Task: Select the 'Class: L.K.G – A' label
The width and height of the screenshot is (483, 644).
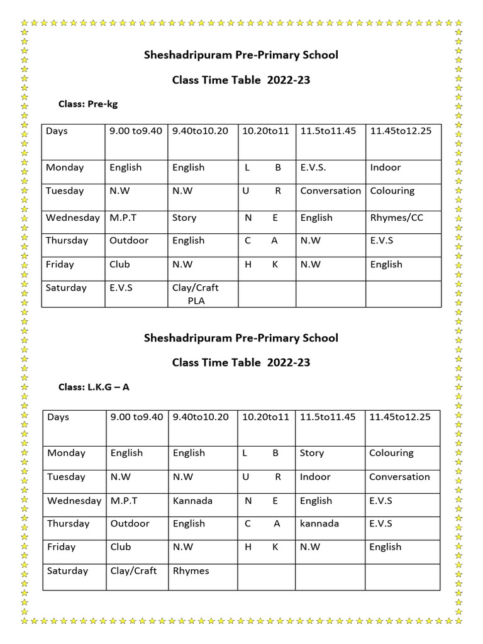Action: pos(94,387)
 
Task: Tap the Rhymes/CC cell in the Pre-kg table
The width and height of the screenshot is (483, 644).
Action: pos(397,218)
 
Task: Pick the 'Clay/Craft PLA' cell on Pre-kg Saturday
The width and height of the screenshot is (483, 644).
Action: pos(196,294)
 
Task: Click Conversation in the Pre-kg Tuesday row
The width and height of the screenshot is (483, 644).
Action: pos(330,191)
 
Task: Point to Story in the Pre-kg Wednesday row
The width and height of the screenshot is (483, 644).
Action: pos(184,218)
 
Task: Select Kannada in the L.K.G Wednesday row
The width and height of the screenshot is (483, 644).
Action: pos(192,501)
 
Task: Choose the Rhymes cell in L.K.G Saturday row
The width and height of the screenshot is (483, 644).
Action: pos(191,570)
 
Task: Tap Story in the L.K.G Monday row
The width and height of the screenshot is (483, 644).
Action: pos(312,453)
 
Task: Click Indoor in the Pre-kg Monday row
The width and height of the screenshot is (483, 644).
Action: pos(385,167)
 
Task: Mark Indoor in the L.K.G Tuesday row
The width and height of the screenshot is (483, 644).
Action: pos(315,477)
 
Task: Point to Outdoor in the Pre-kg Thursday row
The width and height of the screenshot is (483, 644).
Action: pos(129,240)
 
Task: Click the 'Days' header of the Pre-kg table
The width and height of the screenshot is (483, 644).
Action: pos(57,131)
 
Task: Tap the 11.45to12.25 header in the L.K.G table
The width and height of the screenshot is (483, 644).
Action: pos(399,417)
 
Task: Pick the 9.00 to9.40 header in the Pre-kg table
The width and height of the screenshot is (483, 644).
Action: pos(135,131)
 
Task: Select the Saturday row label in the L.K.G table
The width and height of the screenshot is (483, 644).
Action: pos(67,570)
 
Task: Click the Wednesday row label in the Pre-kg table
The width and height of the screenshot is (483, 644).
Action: pos(72,218)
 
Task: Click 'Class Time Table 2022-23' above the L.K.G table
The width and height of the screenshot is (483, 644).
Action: pos(241,362)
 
